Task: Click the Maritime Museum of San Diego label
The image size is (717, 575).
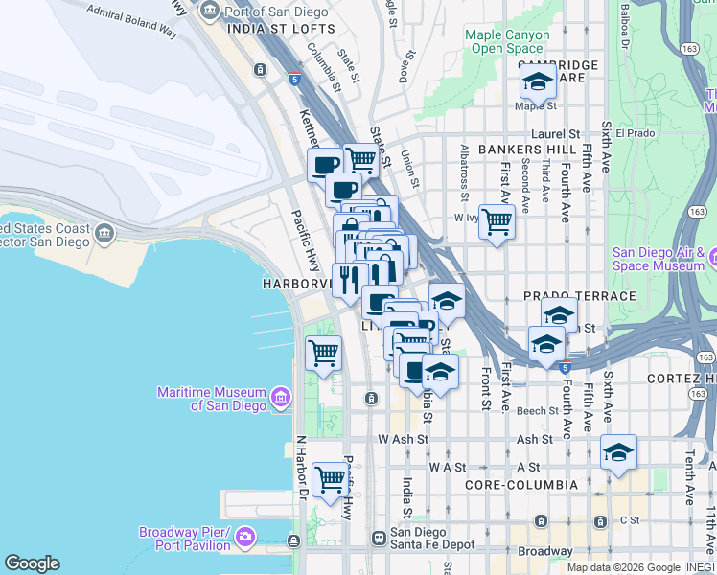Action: [212, 399]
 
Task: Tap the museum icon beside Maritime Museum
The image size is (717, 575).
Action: [281, 397]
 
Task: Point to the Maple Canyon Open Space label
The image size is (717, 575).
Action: [507, 41]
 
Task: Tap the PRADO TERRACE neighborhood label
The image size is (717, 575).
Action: [579, 296]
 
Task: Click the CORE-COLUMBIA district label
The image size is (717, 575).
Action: [521, 485]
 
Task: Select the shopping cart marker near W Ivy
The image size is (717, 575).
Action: [497, 221]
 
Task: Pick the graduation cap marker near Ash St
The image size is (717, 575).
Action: [618, 451]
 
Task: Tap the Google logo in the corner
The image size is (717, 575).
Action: [32, 563]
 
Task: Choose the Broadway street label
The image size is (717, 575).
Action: [544, 551]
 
